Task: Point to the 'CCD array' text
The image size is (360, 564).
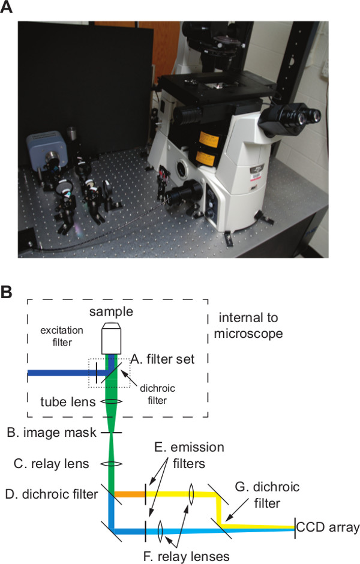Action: [x=328, y=528]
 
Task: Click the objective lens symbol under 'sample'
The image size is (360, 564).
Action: [x=112, y=338]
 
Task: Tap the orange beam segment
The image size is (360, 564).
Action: [x=130, y=494]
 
